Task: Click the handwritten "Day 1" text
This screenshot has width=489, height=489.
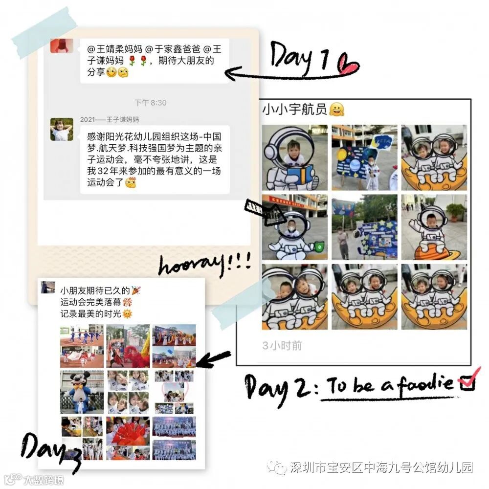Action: point(299,58)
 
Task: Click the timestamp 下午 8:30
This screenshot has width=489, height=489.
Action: point(150,103)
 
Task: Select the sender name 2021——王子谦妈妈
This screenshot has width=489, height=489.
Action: point(110,119)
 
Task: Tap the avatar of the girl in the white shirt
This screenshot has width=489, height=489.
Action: point(62,129)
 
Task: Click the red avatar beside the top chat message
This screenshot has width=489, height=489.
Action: point(62,45)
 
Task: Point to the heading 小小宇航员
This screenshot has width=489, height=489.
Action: point(294,110)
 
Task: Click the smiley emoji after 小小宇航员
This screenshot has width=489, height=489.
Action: point(337,110)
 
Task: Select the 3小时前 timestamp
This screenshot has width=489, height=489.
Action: point(282,346)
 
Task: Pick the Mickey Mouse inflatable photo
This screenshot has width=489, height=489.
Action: point(82,392)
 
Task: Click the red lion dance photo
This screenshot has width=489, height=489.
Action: point(128,346)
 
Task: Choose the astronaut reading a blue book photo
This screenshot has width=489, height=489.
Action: point(295,157)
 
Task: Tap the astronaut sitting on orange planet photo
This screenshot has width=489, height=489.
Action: point(434,227)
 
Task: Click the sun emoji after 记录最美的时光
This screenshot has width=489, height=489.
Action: point(127,314)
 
